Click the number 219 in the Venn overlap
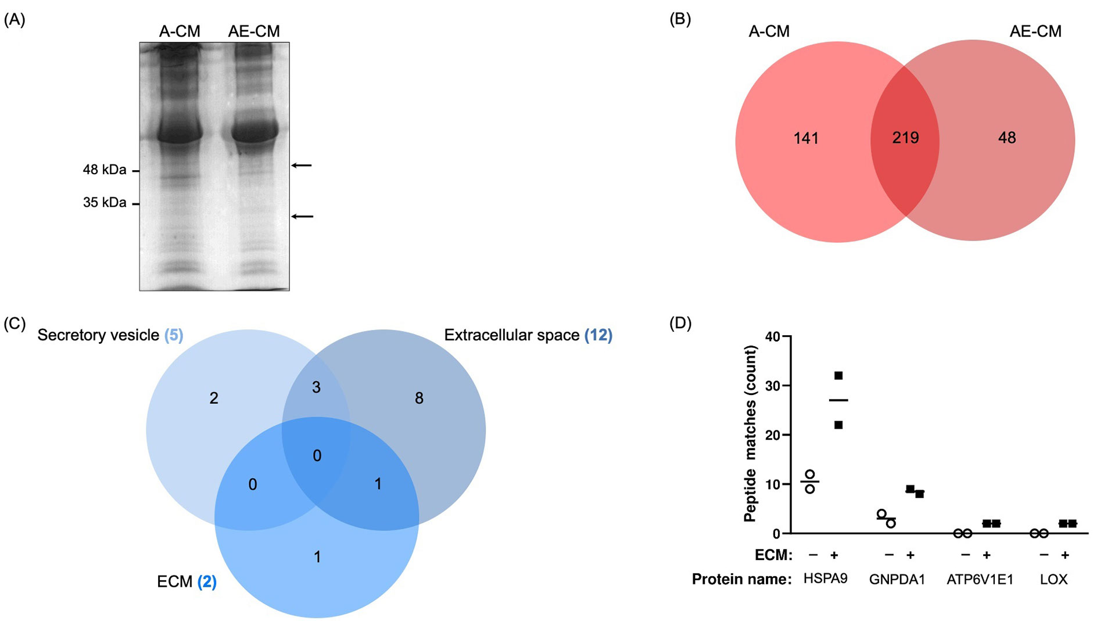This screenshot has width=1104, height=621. (x=905, y=138)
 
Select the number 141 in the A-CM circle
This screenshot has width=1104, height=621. (x=806, y=138)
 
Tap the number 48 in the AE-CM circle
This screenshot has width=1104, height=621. (x=1007, y=138)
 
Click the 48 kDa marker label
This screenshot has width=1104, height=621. (x=105, y=170)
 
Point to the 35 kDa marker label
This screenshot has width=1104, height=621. (x=105, y=203)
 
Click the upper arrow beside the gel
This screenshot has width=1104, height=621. (x=302, y=166)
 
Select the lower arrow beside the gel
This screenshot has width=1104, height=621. (x=302, y=217)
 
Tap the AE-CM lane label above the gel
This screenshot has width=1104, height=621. (x=254, y=31)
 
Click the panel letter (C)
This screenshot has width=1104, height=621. (x=15, y=323)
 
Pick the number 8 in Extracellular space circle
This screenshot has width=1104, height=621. (x=419, y=399)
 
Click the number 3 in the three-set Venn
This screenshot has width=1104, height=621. (x=316, y=387)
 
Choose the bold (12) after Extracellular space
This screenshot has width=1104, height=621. (x=598, y=335)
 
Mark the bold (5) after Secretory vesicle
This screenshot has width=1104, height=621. (x=174, y=335)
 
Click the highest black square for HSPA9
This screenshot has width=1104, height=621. (x=838, y=376)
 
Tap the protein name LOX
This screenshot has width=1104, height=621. (x=1053, y=580)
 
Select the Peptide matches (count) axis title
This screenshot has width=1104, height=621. (x=751, y=433)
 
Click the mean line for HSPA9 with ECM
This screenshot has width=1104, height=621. (x=838, y=400)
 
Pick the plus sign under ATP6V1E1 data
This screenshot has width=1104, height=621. (x=987, y=555)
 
